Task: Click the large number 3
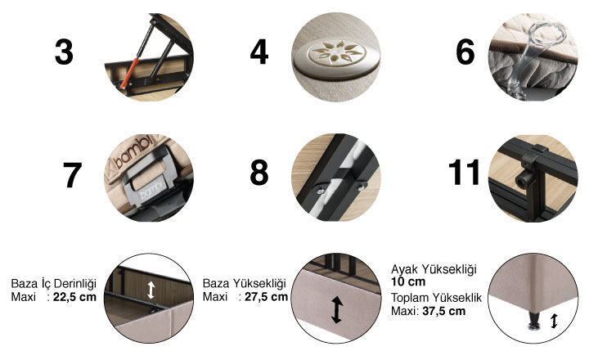[64, 52]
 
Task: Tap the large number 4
[259, 52]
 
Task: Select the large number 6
[465, 52]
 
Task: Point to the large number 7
[72, 175]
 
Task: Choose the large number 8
[259, 172]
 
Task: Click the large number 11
[465, 172]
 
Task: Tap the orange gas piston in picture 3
[129, 74]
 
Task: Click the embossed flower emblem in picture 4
[336, 54]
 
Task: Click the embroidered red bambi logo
[133, 151]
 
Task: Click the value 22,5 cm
[74, 297]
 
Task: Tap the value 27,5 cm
[267, 297]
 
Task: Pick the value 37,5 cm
[443, 311]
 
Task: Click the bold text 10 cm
[408, 281]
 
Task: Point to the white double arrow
[151, 290]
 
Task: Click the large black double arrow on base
[336, 309]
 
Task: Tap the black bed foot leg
[533, 321]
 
